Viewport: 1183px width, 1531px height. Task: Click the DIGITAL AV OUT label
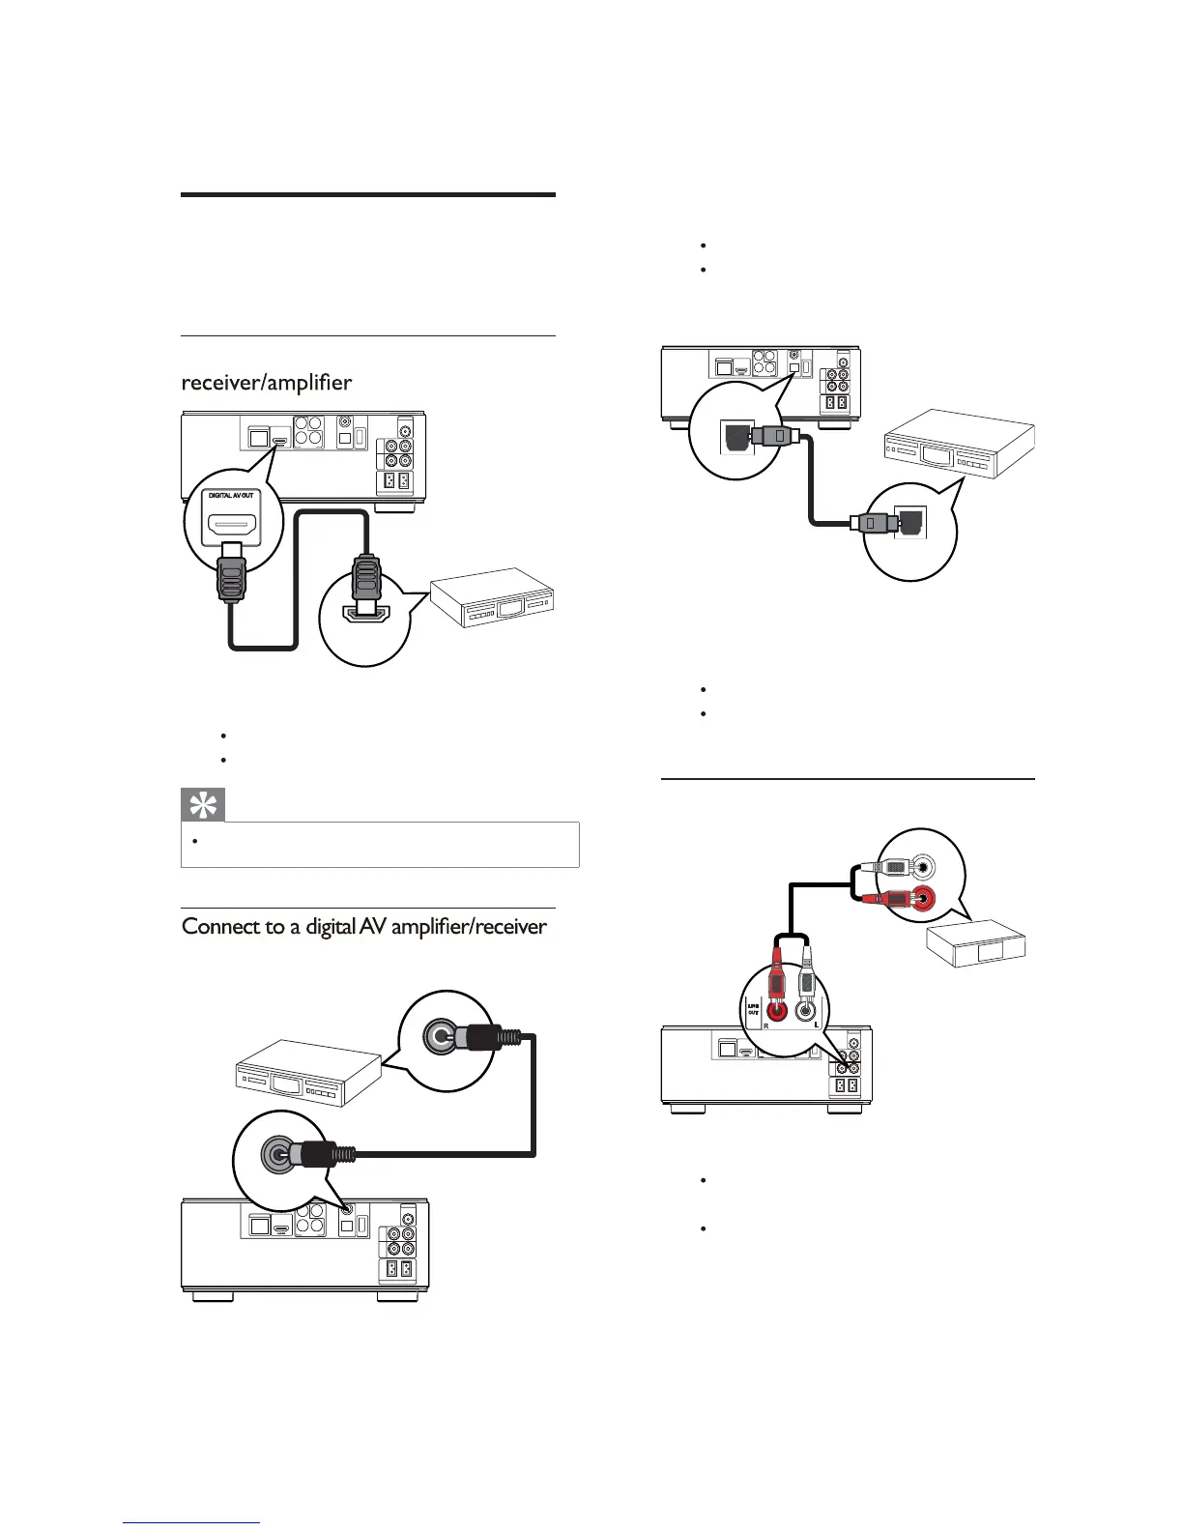[231, 495]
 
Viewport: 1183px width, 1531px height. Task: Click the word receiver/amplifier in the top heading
[267, 383]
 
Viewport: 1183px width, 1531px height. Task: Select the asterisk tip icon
[203, 805]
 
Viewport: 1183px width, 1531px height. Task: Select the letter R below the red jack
[766, 1025]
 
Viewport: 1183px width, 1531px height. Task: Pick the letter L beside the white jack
[817, 1025]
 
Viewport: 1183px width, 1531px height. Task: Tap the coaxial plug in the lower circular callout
[314, 1153]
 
